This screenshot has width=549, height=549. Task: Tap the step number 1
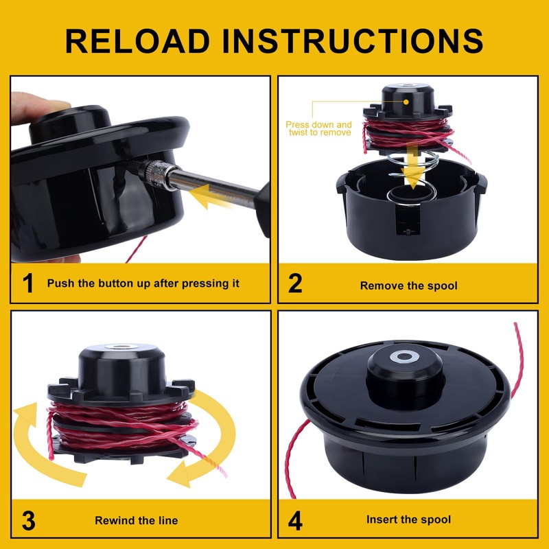coord(27,283)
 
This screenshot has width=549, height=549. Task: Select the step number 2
coord(295,283)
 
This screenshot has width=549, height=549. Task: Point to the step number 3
coord(27,519)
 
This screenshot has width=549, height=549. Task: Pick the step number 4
coord(295,519)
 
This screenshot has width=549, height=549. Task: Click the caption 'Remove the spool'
coord(409,285)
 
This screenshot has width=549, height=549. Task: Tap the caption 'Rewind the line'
coord(136,520)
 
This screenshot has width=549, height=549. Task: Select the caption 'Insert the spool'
coord(408,520)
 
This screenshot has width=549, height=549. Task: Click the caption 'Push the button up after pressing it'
coord(143,283)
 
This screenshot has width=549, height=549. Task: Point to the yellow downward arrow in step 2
coord(412,168)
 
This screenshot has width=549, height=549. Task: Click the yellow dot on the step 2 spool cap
coord(406,101)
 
